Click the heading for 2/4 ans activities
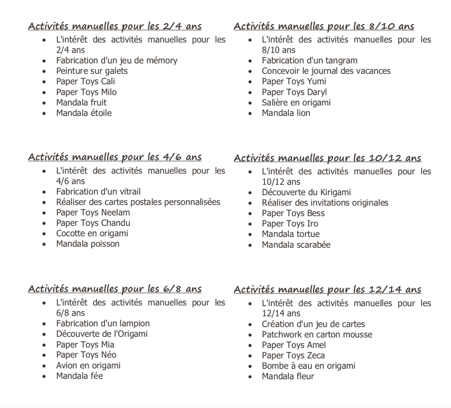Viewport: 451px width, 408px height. click(115, 26)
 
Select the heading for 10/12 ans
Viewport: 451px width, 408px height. click(327, 158)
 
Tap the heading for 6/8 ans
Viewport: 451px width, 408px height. click(115, 289)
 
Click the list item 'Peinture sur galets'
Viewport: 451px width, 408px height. click(92, 71)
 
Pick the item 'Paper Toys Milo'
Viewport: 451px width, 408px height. click(86, 92)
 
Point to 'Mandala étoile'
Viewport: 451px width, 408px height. click(84, 113)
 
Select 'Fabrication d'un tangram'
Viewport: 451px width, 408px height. click(309, 61)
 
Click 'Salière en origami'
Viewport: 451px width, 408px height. click(296, 103)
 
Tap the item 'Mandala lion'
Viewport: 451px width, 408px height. click(286, 113)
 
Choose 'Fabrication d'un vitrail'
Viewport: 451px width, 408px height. click(98, 192)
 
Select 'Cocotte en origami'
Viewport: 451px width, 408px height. click(92, 233)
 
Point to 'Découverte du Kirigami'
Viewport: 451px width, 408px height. click(306, 192)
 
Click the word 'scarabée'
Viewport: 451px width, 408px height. click(314, 245)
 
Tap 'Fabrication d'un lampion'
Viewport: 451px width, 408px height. click(103, 323)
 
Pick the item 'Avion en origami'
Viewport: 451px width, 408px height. click(88, 366)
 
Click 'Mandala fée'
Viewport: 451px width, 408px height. click(79, 376)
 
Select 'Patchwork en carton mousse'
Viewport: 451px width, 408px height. click(317, 335)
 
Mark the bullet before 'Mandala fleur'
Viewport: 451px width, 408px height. click(250, 377)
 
